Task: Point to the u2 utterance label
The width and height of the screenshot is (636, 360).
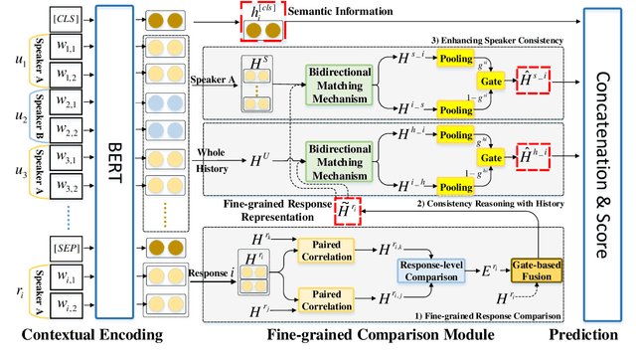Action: click(12, 116)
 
